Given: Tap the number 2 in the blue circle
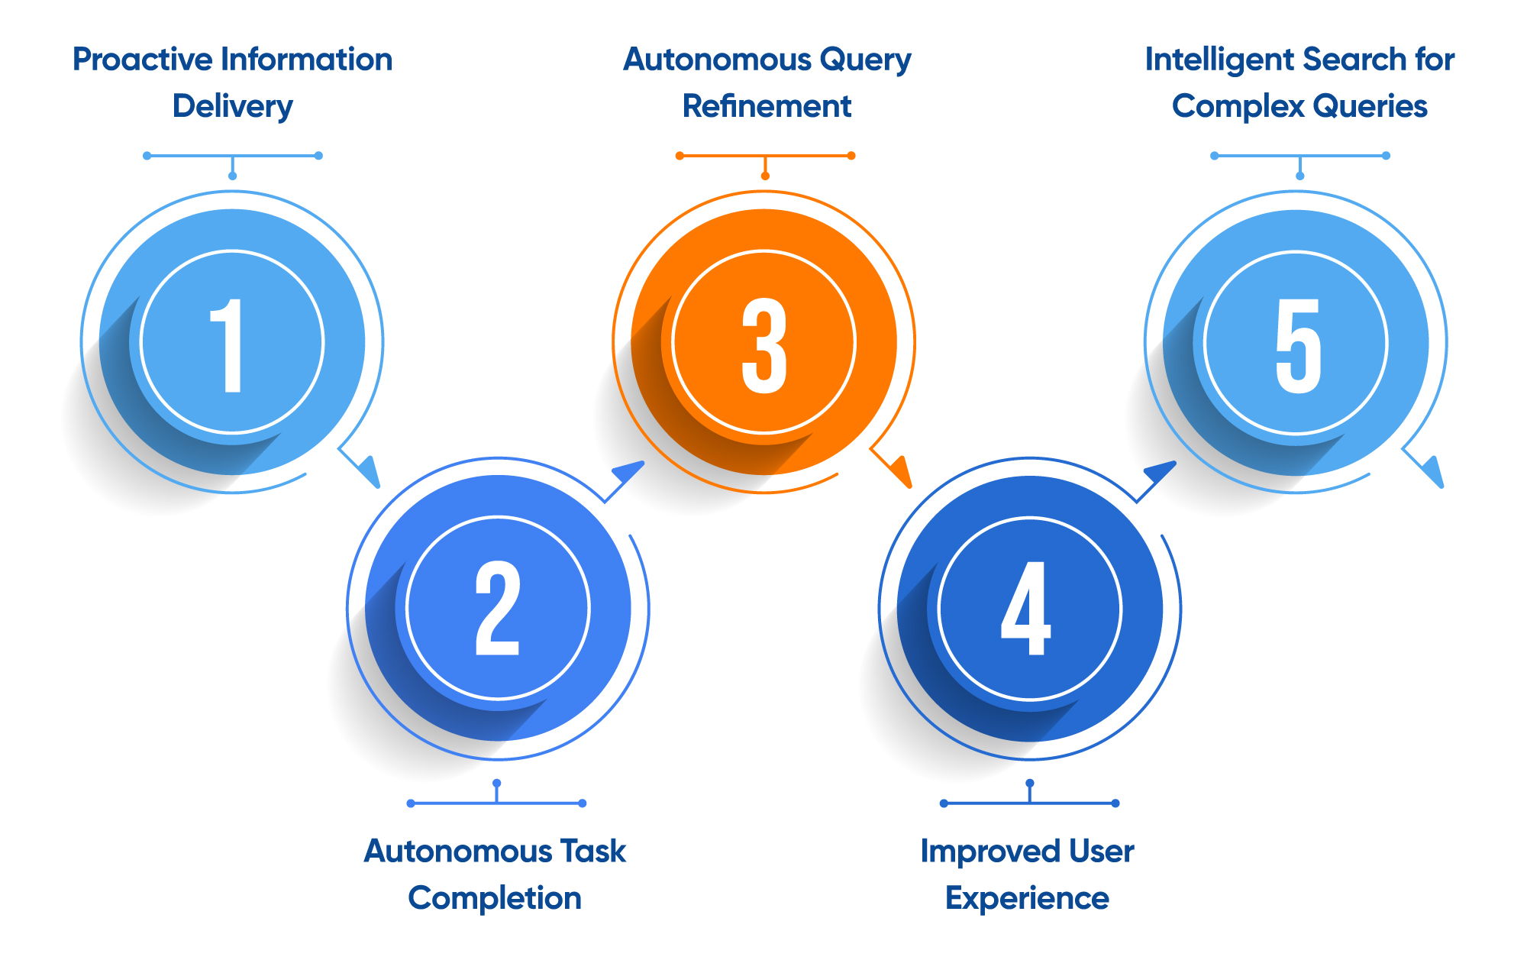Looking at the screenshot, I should point(498,609).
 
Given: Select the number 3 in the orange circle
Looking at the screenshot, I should point(763,345).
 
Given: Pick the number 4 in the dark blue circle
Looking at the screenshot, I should point(1026,609).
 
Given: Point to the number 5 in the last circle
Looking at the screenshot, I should point(1297,345).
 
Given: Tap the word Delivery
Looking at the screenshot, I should point(232,106).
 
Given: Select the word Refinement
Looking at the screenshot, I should point(767,106).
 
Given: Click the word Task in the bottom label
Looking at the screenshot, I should point(592,851).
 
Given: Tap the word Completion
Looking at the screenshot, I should point(495,898).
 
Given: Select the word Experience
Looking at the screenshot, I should point(1027,899).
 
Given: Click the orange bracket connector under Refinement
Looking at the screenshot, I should point(765,157).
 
